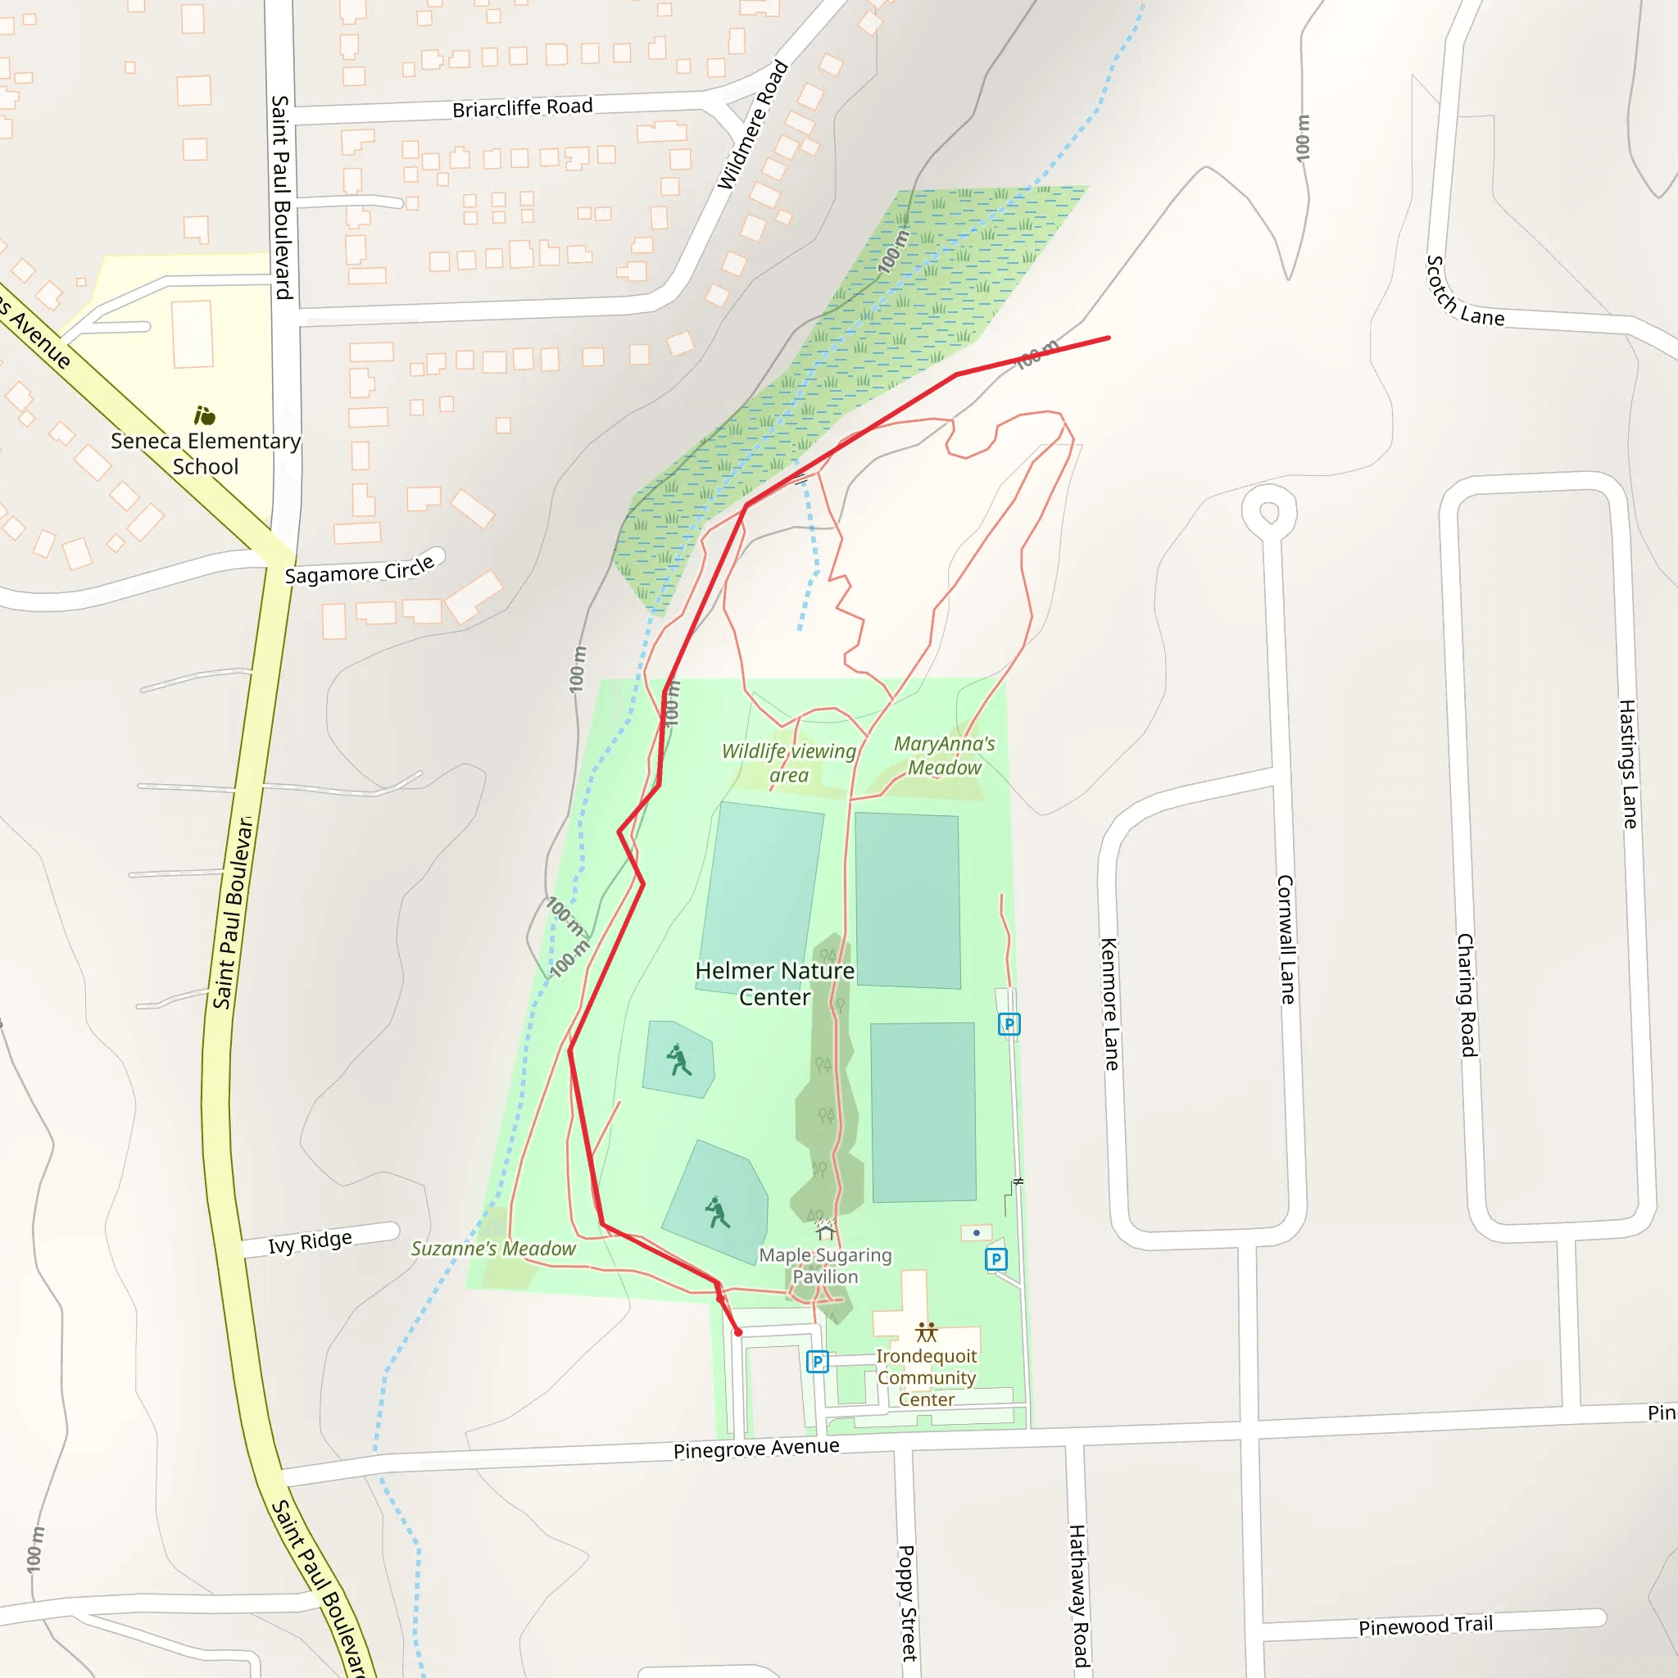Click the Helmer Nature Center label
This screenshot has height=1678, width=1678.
pos(775,983)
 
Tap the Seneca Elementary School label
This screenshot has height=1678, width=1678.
pos(206,453)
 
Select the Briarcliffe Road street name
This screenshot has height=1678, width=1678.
pos(522,107)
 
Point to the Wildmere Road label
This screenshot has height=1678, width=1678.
pos(752,125)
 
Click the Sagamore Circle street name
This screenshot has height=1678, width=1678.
pos(360,570)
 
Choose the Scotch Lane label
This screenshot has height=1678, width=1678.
pos(1464,292)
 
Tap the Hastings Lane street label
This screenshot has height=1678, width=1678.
pos(1628,764)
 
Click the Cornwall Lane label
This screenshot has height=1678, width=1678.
pos(1286,939)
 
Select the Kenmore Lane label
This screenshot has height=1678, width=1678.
pos(1109,1003)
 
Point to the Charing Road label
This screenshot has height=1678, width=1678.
pos(1466,995)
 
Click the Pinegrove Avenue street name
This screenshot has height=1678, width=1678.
pos(755,1449)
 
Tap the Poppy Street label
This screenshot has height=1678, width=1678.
pos(906,1603)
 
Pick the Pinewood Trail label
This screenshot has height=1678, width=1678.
pos(1426,1626)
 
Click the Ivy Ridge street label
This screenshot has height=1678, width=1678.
pos(310,1242)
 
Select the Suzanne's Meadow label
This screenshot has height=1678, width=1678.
pos(492,1248)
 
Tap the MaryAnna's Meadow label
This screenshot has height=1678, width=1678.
pos(944,755)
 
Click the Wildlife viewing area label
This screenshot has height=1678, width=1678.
pos(789,763)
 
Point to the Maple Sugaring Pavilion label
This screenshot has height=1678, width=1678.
pos(825,1265)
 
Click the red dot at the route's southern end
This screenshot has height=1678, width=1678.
pos(738,1332)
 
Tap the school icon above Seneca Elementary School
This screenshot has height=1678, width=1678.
pos(204,415)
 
